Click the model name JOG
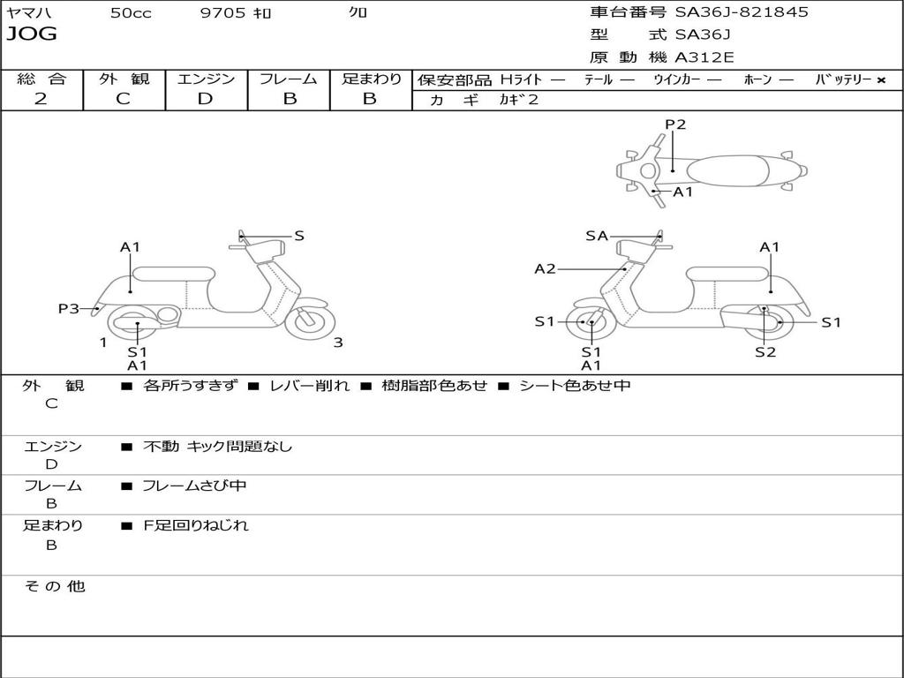tap(32, 34)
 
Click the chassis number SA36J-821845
tap(742, 12)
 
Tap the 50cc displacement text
tap(131, 12)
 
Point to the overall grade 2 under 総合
tap(41, 99)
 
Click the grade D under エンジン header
tap(205, 99)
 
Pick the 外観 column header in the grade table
tap(124, 79)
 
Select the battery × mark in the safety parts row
tap(881, 80)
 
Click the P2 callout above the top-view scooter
tap(675, 124)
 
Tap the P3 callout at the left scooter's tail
tap(69, 308)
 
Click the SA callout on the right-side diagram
tap(597, 236)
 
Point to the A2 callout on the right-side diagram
tap(545, 268)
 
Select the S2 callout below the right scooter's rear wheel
tap(765, 351)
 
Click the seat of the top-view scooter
tap(727, 170)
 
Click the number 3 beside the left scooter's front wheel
tap(338, 343)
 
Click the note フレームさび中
tap(194, 486)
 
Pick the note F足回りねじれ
tap(195, 525)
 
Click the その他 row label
tap(54, 586)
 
